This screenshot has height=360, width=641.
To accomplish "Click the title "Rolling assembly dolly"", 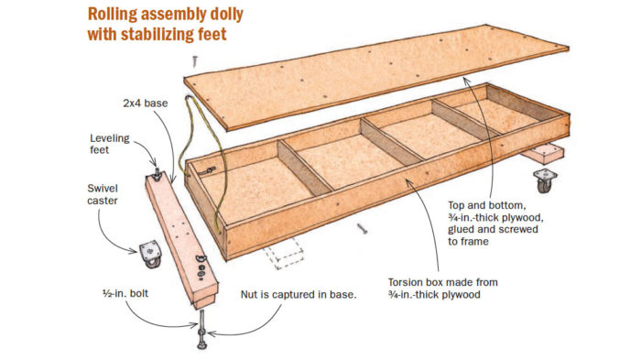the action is [x=165, y=15].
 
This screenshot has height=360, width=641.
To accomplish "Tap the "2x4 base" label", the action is [x=145, y=104].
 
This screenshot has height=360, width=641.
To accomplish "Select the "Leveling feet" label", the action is [x=110, y=144].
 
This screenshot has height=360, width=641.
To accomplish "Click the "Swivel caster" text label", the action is [x=103, y=195].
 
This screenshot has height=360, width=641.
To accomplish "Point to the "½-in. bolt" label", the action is [x=125, y=294].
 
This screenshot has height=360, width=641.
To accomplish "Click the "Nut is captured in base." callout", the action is [x=299, y=295].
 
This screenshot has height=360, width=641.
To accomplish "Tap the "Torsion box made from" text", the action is [x=442, y=282].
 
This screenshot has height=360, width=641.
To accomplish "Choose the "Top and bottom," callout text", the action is [x=486, y=205].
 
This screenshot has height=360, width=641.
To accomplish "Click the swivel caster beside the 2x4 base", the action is [x=149, y=254].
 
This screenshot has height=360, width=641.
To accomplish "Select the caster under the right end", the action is [x=545, y=180].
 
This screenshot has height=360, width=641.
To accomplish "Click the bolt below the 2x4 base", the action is [x=202, y=329].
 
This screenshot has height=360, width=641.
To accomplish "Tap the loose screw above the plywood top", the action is [x=195, y=61].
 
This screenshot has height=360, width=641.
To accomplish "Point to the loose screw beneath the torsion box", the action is [x=362, y=228].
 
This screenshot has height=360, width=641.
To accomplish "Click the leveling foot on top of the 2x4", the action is [x=157, y=174].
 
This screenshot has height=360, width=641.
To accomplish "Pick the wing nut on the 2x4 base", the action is [x=201, y=257].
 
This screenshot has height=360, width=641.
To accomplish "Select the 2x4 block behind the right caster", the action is [x=543, y=155].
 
